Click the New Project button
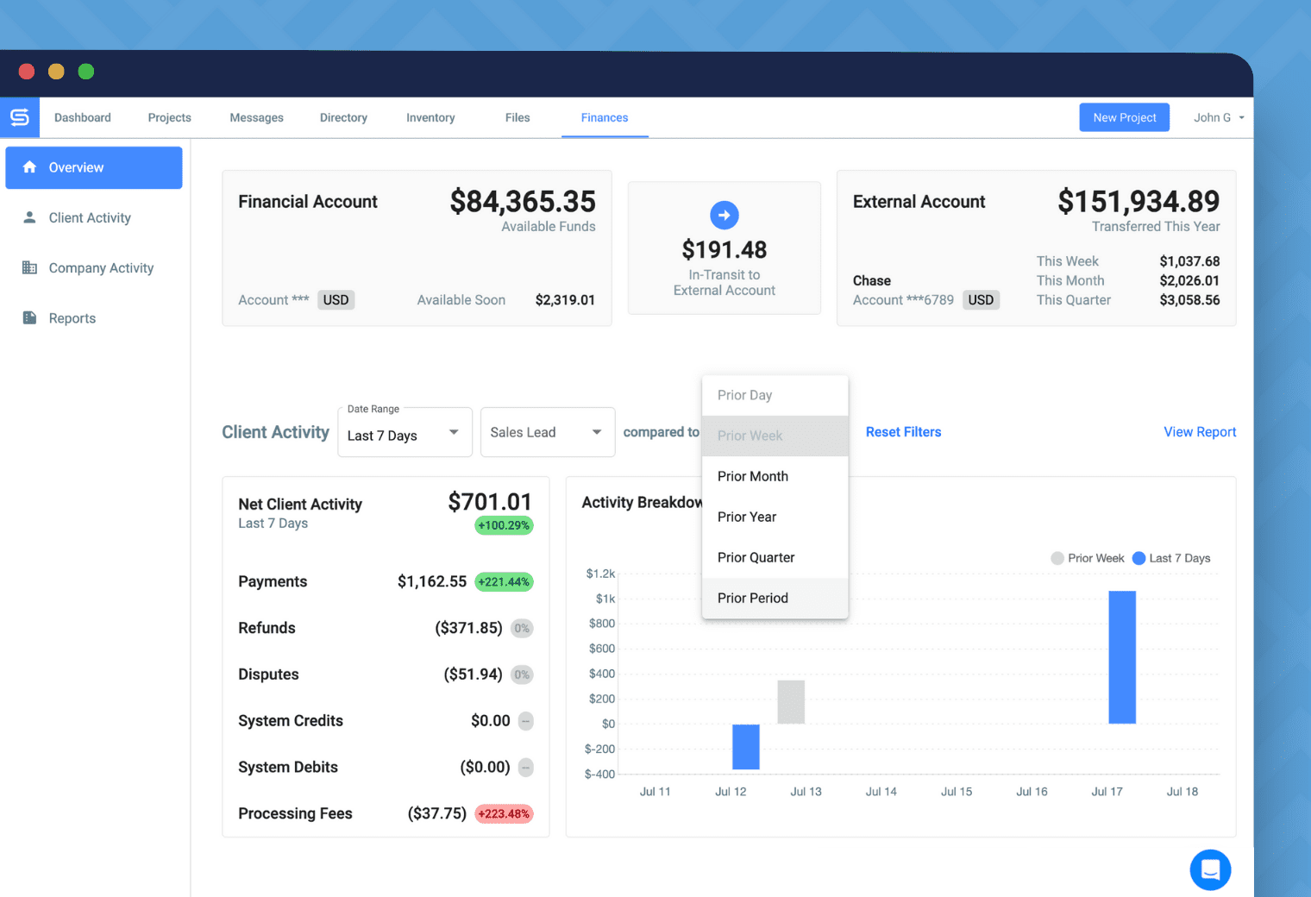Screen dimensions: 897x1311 tap(1124, 117)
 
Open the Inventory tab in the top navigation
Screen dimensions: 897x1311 tap(430, 117)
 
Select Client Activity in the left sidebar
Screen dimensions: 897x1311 tap(90, 218)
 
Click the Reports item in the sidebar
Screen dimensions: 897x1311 tap(72, 318)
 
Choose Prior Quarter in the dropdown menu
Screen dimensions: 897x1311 tap(756, 557)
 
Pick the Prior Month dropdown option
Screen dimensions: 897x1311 tap(753, 476)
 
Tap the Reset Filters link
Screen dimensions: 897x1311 tap(903, 432)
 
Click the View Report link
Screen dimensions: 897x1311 tap(1200, 432)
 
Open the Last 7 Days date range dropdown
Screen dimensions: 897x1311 tap(404, 433)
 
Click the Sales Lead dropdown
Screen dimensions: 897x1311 tap(547, 433)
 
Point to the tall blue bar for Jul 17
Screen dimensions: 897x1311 tap(1122, 656)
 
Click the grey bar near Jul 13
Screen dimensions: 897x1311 tap(791, 701)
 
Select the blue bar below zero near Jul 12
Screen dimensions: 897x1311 tap(746, 747)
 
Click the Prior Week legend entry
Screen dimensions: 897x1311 tap(1088, 558)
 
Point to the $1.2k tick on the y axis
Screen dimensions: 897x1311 tap(600, 574)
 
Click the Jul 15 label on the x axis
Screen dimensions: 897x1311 tap(957, 792)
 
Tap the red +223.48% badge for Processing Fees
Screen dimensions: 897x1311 tap(505, 814)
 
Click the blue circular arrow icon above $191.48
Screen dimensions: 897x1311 tap(724, 215)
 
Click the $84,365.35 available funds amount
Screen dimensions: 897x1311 tap(523, 202)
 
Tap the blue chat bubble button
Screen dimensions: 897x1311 tap(1210, 869)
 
